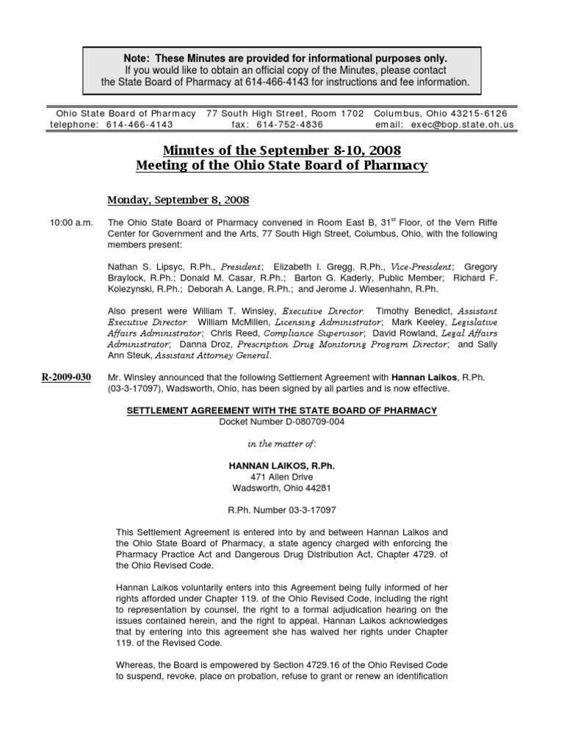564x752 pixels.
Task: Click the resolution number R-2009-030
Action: tap(65, 377)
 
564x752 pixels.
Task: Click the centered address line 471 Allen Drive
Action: tap(281, 476)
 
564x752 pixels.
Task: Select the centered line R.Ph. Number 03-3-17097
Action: tap(281, 509)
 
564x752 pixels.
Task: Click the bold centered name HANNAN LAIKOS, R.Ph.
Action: tap(281, 464)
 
